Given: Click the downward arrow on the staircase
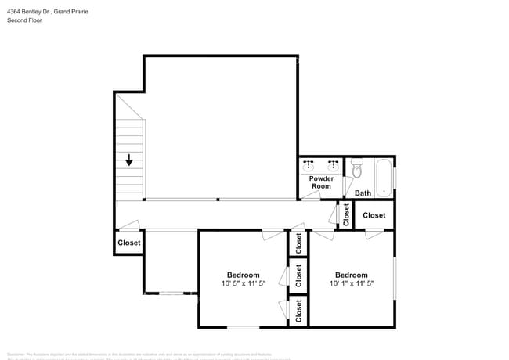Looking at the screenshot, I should click(x=129, y=160).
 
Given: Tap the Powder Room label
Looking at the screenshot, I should click(x=321, y=182).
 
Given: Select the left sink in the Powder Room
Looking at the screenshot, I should click(x=309, y=165).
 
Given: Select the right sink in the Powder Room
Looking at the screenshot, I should click(x=334, y=165).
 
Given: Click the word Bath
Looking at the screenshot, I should click(x=363, y=193).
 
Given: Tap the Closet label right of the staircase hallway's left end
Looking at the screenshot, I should click(x=129, y=243).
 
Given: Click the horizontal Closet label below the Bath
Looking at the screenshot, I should click(x=374, y=215).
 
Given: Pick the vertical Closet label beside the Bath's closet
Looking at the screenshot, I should click(x=346, y=214).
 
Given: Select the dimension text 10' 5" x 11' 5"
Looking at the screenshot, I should click(x=244, y=284).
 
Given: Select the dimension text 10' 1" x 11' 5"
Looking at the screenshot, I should click(x=351, y=284).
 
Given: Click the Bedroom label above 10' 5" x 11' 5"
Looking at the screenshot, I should click(x=244, y=275).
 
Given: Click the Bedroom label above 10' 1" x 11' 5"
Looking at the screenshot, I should click(x=351, y=275).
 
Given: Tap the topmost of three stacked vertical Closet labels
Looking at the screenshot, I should click(x=298, y=243).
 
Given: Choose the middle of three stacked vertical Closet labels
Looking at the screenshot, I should click(x=298, y=275).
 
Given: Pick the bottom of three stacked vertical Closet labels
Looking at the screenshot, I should click(x=298, y=311).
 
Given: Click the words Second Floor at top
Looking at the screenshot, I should click(x=25, y=20).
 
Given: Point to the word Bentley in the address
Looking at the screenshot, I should click(x=35, y=11).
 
